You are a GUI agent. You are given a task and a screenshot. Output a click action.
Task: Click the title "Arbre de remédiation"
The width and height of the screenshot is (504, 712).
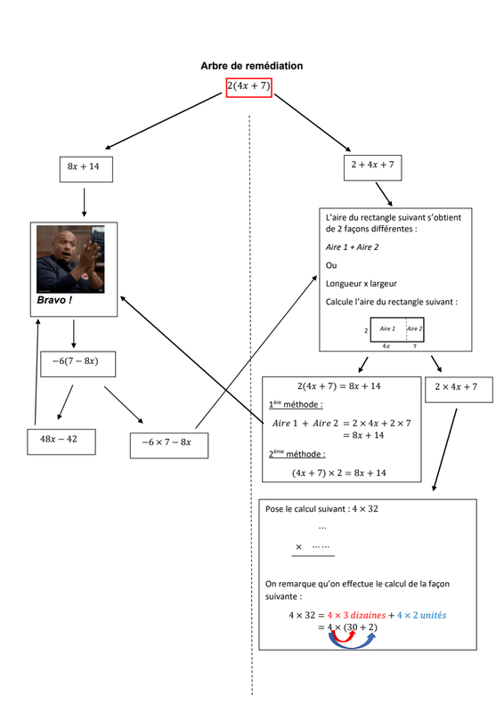click(x=252, y=66)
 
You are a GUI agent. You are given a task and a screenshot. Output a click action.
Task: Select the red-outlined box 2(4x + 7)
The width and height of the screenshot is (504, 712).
click(x=249, y=87)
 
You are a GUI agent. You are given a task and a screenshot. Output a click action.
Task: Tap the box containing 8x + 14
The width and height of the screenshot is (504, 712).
click(x=86, y=169)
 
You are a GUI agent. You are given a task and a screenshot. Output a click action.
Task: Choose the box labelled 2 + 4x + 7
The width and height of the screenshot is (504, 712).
click(x=373, y=167)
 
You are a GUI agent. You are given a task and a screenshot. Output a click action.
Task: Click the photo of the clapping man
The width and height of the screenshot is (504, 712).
click(x=70, y=259)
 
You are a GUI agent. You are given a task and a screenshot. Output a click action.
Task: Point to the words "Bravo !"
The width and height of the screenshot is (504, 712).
click(x=54, y=300)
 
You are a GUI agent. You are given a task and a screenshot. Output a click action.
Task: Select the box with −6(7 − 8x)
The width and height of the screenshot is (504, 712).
click(x=77, y=364)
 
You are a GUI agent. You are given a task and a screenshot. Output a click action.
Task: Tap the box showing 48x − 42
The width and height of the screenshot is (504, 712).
click(x=61, y=441)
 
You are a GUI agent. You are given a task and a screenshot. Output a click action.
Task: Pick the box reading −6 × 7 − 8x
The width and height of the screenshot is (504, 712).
click(x=169, y=446)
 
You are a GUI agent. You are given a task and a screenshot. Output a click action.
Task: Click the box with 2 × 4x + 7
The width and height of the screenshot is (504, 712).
click(x=459, y=390)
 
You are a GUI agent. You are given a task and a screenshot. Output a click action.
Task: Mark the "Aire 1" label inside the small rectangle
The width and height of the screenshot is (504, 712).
click(x=387, y=328)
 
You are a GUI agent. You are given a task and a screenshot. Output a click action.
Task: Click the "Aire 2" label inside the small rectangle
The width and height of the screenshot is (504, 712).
click(x=414, y=328)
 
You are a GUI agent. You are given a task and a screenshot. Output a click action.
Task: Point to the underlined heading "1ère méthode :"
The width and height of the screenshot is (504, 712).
click(x=296, y=404)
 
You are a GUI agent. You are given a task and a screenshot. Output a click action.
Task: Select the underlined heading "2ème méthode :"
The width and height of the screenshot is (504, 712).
click(x=297, y=454)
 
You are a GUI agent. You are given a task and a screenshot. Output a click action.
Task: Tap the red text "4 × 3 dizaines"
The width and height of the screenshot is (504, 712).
click(x=356, y=615)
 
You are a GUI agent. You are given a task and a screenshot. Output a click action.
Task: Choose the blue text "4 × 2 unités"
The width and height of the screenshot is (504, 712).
click(x=421, y=615)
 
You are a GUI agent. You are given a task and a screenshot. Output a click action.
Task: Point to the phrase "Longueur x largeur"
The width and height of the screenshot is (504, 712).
click(x=362, y=284)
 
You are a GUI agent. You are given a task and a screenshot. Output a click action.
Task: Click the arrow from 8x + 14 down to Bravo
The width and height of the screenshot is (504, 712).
click(x=84, y=202)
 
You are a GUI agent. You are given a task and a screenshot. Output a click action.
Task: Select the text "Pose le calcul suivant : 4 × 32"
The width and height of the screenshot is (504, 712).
click(x=321, y=509)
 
